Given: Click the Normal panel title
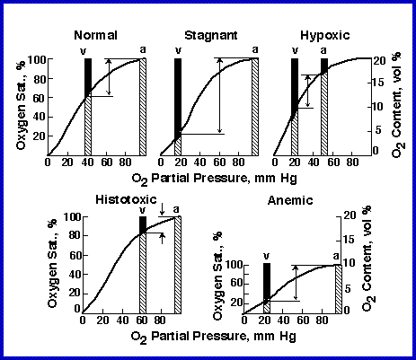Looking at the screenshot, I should [x=96, y=37].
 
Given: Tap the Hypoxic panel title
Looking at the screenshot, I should [x=319, y=37].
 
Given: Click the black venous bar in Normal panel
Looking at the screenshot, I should [x=87, y=77].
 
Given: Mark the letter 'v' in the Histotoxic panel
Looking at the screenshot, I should [x=142, y=210].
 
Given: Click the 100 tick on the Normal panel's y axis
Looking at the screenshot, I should [x=34, y=59].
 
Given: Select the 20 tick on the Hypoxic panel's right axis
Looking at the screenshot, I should [x=381, y=59].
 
